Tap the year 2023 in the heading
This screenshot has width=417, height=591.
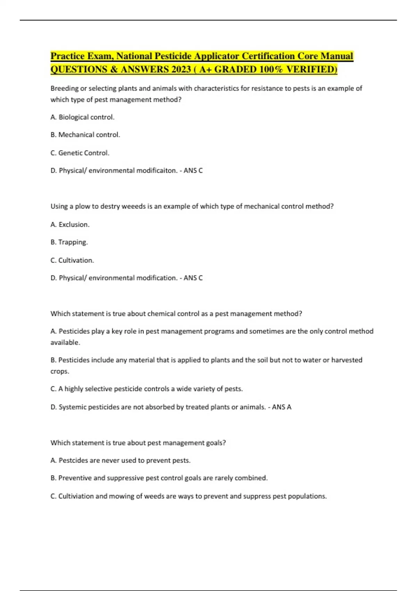click(181, 70)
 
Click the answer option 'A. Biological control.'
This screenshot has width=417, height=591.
click(82, 117)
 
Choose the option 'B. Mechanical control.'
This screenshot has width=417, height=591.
click(85, 135)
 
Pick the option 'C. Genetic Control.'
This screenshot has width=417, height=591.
click(80, 153)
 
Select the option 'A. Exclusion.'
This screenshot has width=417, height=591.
click(70, 225)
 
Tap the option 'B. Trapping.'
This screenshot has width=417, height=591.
click(69, 242)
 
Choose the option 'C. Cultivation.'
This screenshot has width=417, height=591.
click(72, 260)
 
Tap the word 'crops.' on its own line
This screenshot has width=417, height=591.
click(60, 371)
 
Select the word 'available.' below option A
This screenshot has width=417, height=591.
click(65, 342)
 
